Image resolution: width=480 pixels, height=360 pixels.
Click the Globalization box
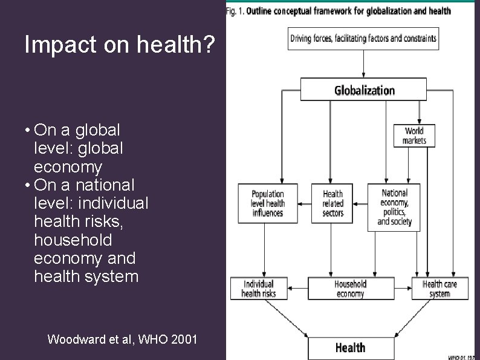pyautogui.click(x=363, y=90)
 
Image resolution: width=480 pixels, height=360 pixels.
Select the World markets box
pyautogui.click(x=414, y=136)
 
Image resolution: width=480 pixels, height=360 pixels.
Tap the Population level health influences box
pyautogui.click(x=268, y=203)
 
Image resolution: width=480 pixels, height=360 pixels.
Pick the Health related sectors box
pyautogui.click(x=332, y=203)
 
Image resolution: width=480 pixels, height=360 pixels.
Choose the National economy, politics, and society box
pyautogui.click(x=394, y=207)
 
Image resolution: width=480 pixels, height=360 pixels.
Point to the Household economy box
pyautogui.click(x=350, y=289)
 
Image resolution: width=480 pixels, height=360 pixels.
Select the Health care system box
pyautogui.click(x=439, y=289)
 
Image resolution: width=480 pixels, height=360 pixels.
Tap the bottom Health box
pyautogui.click(x=350, y=348)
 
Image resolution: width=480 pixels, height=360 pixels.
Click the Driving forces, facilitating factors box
pyautogui.click(x=363, y=39)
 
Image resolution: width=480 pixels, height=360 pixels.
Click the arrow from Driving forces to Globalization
pyautogui.click(x=363, y=64)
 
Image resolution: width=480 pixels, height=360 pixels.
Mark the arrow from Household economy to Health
pyautogui.click(x=351, y=318)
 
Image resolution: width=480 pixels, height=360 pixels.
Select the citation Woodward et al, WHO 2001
pyautogui.click(x=122, y=339)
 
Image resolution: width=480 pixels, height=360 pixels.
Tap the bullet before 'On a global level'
pyautogui.click(x=28, y=130)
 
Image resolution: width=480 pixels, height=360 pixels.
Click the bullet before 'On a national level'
pyautogui.click(x=28, y=185)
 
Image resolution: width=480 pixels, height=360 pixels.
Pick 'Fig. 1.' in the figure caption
pyautogui.click(x=235, y=11)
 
